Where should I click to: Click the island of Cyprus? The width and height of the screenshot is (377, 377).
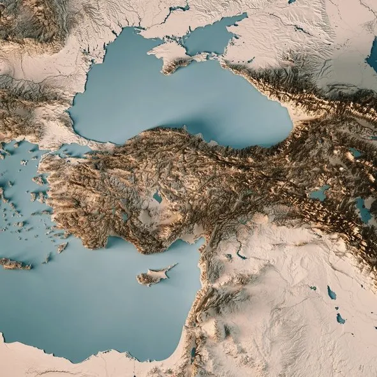click(x=152, y=276)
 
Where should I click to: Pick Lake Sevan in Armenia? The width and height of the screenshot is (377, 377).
click(x=355, y=153)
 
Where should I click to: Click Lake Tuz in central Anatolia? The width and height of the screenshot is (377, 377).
click(x=157, y=198)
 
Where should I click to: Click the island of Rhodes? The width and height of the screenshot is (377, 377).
click(x=62, y=248)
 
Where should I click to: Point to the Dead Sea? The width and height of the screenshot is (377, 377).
click(x=193, y=352)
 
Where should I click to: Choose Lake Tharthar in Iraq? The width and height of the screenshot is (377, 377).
click(x=331, y=293)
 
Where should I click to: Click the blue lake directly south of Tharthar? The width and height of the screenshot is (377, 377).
click(x=341, y=318)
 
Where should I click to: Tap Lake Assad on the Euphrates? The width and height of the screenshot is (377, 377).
click(x=240, y=255)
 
